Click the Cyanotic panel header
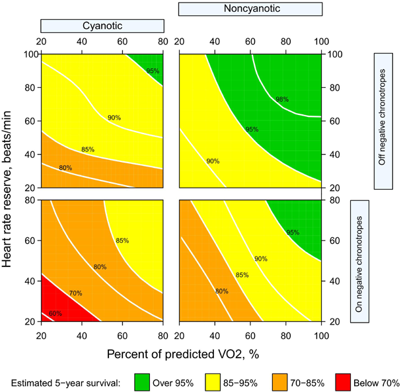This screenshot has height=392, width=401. click(x=102, y=25)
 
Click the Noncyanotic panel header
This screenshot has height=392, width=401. click(x=250, y=9)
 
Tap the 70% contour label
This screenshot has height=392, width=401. click(x=76, y=293)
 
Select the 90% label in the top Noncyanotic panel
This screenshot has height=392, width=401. click(x=213, y=161)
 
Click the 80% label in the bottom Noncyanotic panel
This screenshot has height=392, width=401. click(x=221, y=291)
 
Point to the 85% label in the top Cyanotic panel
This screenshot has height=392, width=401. click(x=88, y=149)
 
